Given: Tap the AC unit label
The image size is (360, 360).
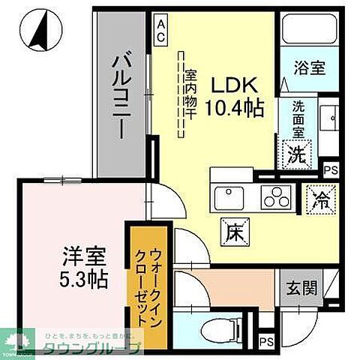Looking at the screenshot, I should [160, 31].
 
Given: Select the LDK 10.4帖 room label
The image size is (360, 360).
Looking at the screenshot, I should [235, 95].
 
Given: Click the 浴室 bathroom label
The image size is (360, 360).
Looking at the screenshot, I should [310, 67].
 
